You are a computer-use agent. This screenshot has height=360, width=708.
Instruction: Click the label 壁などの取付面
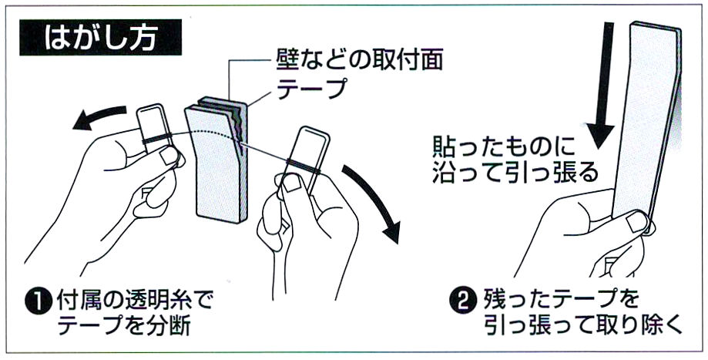coord(359,60)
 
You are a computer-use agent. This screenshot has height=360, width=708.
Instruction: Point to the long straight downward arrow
coord(600,85)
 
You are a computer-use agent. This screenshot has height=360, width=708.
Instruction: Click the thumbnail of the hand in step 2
coord(636,223)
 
